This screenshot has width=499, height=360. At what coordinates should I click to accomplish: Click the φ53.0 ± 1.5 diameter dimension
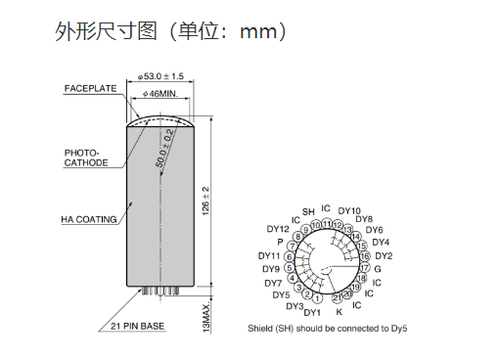click(x=160, y=76)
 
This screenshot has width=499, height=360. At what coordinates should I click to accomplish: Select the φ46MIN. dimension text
click(x=160, y=94)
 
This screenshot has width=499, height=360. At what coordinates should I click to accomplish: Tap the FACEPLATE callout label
click(x=90, y=88)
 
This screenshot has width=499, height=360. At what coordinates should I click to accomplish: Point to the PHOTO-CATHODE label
click(x=86, y=157)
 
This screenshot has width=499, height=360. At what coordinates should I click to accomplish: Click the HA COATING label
click(x=89, y=219)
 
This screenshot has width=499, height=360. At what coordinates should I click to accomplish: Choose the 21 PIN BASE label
click(x=137, y=326)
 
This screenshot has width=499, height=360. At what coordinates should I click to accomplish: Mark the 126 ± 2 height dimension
click(x=205, y=201)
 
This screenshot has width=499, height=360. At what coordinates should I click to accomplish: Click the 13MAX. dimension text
click(x=206, y=318)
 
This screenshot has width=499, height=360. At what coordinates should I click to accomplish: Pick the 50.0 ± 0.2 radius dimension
click(x=164, y=148)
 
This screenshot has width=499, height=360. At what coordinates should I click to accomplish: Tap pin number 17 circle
click(x=364, y=268)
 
